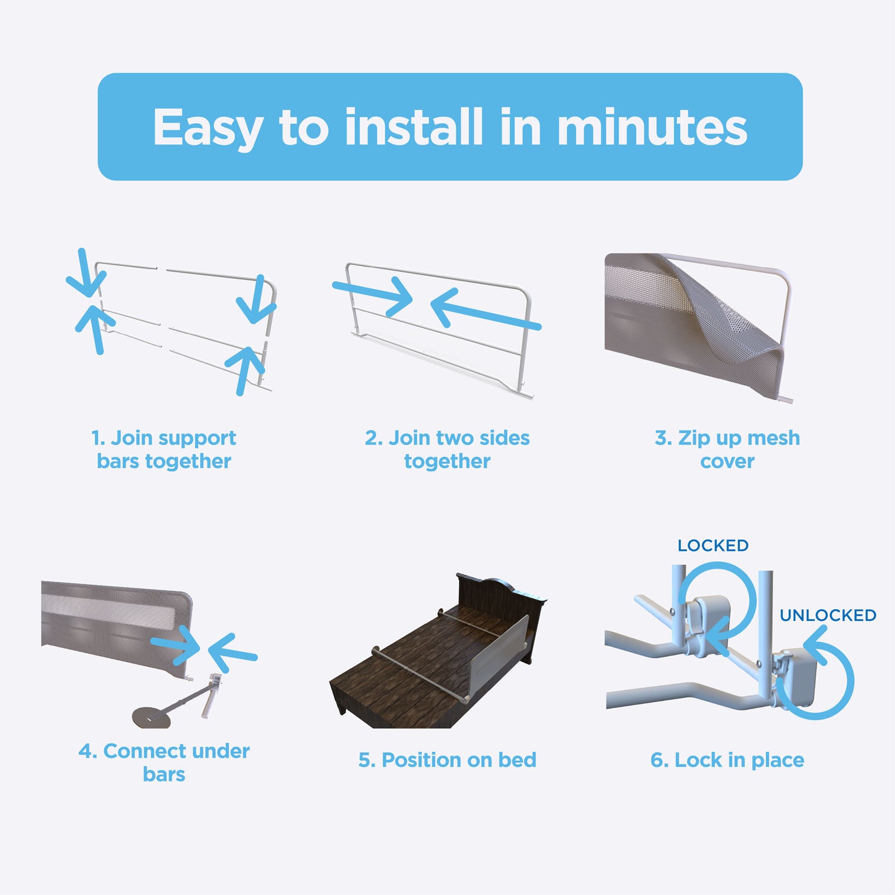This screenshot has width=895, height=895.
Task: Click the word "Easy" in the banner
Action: coord(208,128)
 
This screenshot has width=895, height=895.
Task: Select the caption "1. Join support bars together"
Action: coord(164,449)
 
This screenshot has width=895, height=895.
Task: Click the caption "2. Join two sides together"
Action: coord(447,449)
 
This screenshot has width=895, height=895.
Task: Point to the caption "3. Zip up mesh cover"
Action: coord(727,449)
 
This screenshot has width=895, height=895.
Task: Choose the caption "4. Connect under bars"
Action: coord(164,762)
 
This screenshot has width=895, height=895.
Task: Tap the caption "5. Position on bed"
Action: coord(447,760)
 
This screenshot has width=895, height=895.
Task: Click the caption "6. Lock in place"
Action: coord(727,760)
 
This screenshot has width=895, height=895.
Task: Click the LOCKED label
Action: coord(713,545)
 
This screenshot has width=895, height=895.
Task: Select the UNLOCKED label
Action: coord(828,615)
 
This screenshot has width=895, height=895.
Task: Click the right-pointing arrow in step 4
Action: coord(176,645)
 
